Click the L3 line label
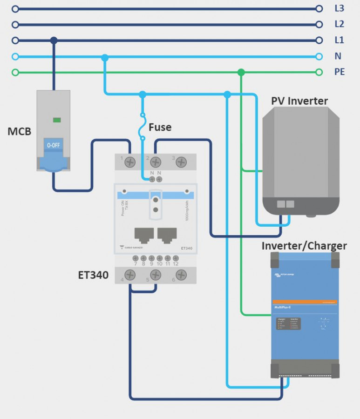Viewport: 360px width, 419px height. (339, 8)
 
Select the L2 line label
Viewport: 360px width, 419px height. (339, 24)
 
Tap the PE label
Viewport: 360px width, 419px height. (340, 72)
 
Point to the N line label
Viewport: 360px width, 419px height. (338, 56)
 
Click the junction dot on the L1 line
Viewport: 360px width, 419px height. (54, 41)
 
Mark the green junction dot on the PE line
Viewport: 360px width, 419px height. (241, 72)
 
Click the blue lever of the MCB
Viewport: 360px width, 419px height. (53, 161)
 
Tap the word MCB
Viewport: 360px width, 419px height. (19, 131)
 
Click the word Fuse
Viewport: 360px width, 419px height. (160, 127)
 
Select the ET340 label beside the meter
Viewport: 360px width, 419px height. (93, 275)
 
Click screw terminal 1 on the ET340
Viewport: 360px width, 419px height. (130, 162)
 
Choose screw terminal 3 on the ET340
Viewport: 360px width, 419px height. (181, 162)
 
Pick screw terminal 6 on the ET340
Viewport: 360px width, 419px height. (181, 275)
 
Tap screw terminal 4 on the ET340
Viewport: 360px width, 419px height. (130, 275)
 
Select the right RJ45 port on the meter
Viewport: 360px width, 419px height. (167, 235)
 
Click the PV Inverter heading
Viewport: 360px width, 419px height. (299, 101)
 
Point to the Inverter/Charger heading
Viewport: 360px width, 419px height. (304, 246)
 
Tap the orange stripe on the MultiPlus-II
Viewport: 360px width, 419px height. (305, 302)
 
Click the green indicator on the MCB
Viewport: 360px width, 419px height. (57, 120)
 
